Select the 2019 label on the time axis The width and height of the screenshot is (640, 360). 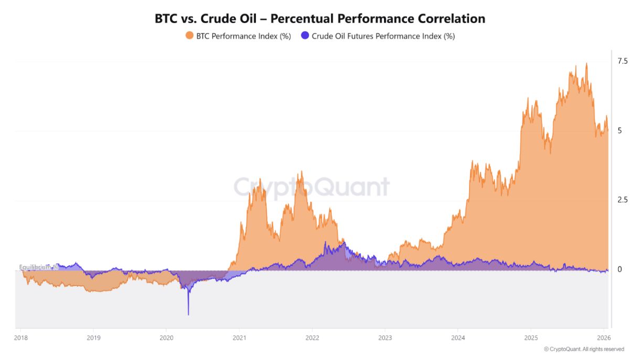(x=93, y=337)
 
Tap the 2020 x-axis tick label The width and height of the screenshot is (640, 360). (x=166, y=337)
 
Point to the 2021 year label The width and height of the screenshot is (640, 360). (x=239, y=337)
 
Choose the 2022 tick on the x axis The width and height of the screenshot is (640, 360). (x=312, y=337)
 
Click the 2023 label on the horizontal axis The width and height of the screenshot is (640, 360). (x=385, y=337)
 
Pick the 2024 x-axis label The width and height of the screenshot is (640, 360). (x=458, y=337)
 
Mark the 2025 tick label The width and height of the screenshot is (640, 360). (x=531, y=337)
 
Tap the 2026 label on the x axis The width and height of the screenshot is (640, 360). (x=604, y=337)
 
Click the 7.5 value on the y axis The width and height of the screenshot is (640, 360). (x=622, y=61)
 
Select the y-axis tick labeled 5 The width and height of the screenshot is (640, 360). (x=620, y=131)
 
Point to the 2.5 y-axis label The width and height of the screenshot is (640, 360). (x=622, y=200)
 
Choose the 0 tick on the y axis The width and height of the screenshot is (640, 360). (x=620, y=269)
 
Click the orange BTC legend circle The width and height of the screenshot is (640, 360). (x=189, y=36)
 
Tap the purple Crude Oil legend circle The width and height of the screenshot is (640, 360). (x=305, y=36)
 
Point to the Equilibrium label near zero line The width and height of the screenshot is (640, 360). (x=38, y=267)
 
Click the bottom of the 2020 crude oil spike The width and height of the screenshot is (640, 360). (x=188, y=314)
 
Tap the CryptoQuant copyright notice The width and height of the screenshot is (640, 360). (x=584, y=349)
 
